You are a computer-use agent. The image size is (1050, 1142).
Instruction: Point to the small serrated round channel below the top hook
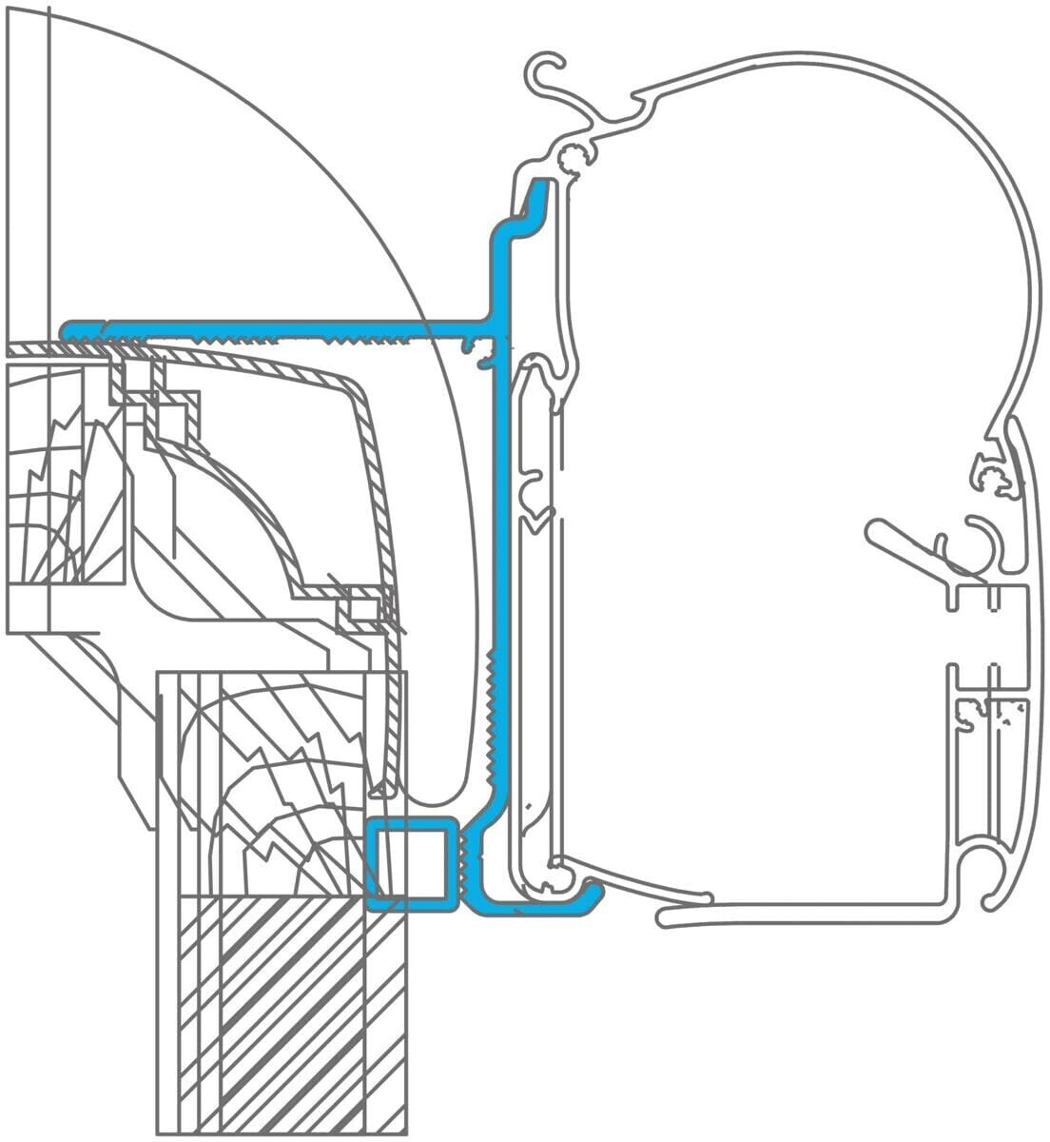pyautogui.click(x=573, y=157)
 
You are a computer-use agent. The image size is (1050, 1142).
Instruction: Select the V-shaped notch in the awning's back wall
pyautogui.click(x=539, y=519)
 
